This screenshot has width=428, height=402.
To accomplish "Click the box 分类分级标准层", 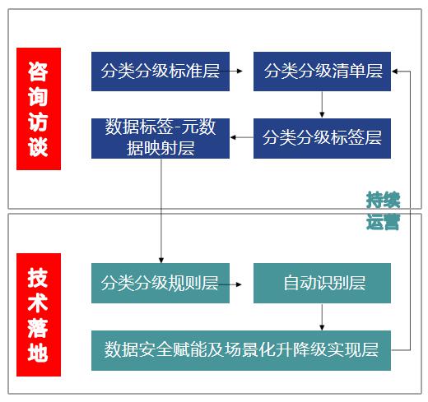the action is click(160, 72).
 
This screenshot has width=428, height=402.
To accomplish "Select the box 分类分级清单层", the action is click(322, 72).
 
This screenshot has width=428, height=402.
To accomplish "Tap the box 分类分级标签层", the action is click(322, 138).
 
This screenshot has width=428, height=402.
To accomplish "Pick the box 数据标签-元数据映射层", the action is click(160, 138).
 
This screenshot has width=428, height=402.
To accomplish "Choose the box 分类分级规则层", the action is click(160, 283).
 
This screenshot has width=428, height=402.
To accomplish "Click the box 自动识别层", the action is click(322, 283).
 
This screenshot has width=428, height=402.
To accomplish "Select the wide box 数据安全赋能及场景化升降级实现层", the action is click(241, 350).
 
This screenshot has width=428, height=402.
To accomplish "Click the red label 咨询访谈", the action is click(39, 109).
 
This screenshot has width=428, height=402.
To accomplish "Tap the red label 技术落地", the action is click(39, 315).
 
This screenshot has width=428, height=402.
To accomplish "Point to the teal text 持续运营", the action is click(383, 210).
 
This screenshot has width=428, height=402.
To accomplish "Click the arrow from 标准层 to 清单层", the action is click(231, 71).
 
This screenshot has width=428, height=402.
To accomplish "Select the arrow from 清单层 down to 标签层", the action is click(322, 104).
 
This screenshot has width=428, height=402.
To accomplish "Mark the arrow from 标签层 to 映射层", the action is click(242, 137).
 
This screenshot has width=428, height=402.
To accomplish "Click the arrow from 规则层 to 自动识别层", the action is click(230, 284).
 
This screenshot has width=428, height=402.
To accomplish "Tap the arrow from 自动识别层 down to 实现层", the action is click(322, 317).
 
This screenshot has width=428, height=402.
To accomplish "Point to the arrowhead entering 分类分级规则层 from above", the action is click(161, 261).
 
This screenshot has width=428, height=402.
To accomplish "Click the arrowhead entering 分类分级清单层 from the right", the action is click(394, 72).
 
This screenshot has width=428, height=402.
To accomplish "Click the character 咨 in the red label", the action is click(38, 72).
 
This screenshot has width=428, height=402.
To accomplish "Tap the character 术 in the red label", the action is click(38, 303).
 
